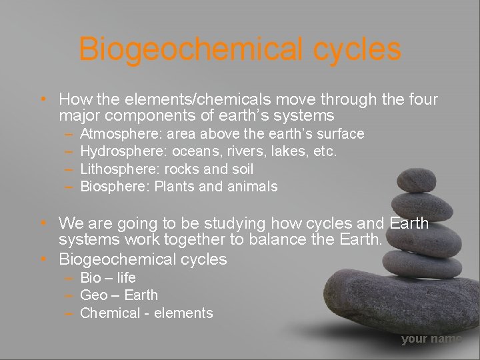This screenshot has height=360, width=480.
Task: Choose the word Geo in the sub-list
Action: coord(93,295)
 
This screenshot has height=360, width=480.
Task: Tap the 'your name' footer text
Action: coord(431,339)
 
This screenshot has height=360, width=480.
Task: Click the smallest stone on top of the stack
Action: coord(416,179)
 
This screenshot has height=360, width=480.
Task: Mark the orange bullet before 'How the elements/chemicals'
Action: coord(42,100)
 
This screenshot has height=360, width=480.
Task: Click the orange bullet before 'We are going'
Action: coord(42,223)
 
